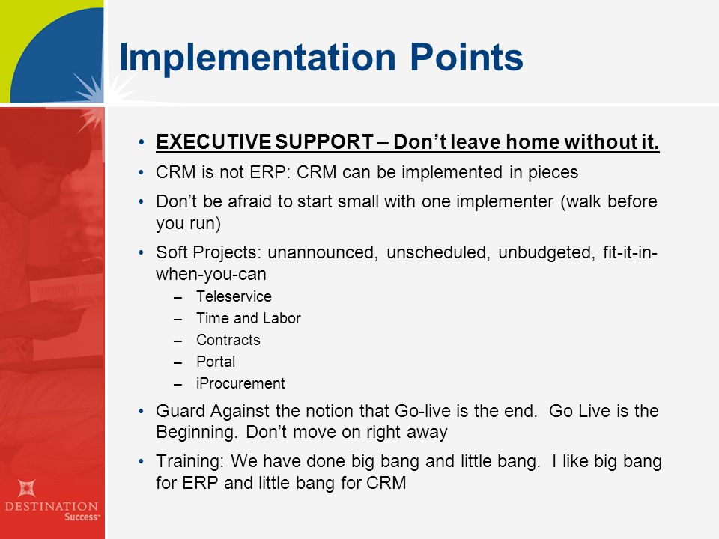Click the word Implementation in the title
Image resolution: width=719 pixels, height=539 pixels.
257,58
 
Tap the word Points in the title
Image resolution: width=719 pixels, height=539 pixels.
467,58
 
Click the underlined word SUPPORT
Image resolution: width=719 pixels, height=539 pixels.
324,142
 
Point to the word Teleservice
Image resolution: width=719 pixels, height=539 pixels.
234,296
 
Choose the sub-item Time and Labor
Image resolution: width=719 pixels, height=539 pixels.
249,318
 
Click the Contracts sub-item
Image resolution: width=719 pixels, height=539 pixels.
228,340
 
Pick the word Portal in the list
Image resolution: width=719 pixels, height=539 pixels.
216,362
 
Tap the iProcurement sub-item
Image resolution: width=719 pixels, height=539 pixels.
240,383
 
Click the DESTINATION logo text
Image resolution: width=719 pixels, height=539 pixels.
52,507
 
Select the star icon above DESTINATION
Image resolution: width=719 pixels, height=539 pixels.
27,487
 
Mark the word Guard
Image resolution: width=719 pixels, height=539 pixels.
180,411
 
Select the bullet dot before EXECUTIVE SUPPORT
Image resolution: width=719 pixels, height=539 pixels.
142,142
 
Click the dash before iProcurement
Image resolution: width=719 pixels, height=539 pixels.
178,384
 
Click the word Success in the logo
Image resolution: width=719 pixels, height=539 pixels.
81,517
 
